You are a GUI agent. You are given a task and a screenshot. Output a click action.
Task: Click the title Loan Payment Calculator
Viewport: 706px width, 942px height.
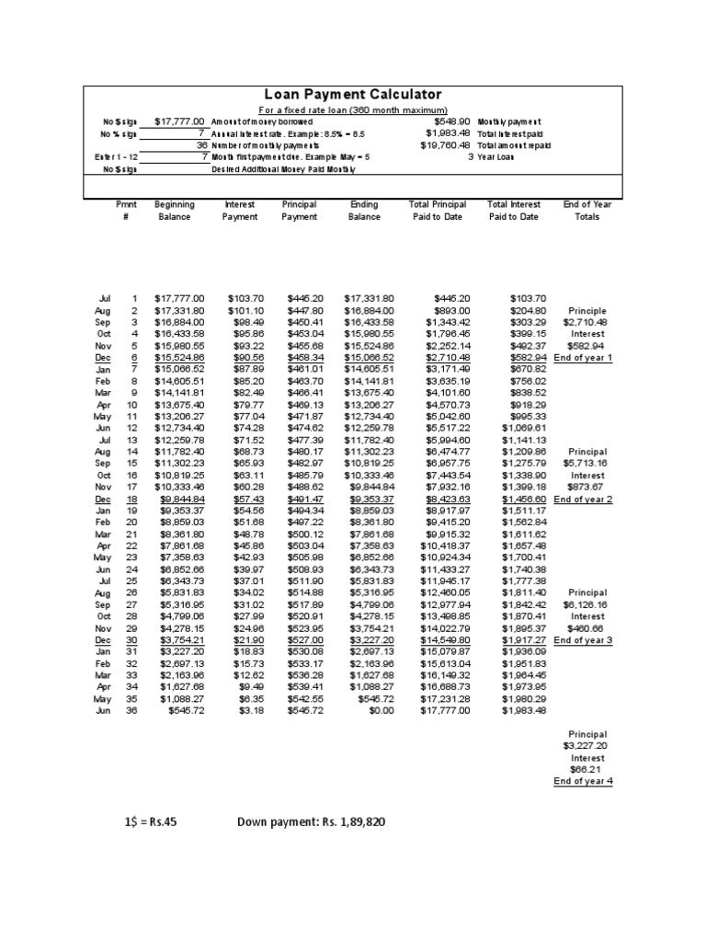(353, 95)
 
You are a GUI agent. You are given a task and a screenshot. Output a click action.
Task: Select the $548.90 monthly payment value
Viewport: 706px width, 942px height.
(451, 121)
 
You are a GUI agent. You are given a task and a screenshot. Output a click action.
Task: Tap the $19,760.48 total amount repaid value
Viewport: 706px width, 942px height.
(446, 144)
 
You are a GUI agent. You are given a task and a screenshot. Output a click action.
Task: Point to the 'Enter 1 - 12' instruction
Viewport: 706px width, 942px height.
(115, 156)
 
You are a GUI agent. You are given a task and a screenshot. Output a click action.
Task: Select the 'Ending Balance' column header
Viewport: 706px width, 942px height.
(364, 211)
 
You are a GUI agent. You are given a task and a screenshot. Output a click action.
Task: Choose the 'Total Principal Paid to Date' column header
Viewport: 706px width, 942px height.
(437, 211)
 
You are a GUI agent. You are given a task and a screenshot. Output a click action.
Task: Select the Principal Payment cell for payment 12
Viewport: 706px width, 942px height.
(299, 428)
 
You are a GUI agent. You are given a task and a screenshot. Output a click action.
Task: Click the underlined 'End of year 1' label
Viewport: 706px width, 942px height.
(586, 357)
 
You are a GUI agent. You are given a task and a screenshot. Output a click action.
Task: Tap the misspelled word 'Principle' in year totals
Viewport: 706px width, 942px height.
(587, 311)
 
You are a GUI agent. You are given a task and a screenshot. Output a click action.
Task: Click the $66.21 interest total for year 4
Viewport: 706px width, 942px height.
(587, 769)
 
